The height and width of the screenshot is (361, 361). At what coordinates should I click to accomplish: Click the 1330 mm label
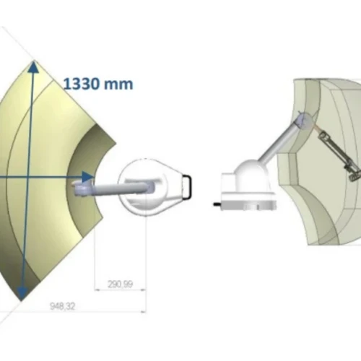[x=98, y=84]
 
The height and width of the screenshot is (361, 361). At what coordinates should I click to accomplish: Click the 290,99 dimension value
[x=120, y=284]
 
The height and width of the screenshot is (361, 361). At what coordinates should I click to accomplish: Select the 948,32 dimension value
[x=63, y=306]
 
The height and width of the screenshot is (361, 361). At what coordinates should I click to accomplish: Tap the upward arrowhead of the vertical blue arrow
[x=34, y=66]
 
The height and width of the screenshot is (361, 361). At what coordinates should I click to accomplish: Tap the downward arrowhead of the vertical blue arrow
[x=22, y=294]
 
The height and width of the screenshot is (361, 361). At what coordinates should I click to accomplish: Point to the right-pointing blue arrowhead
[x=87, y=177]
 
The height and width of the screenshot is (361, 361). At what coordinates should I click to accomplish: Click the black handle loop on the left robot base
[x=188, y=187]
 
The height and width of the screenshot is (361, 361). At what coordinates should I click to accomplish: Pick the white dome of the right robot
[x=251, y=173]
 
